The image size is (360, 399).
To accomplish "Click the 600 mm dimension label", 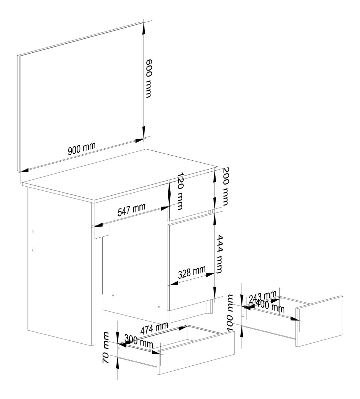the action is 149,78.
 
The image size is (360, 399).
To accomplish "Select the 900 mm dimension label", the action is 82,148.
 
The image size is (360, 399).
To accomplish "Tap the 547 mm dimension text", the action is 131,209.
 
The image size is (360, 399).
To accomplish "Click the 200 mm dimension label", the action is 226,187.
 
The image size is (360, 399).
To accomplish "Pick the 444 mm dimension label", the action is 219,254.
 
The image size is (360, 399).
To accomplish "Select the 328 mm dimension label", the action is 192,272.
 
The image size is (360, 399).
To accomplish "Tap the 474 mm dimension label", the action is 154,329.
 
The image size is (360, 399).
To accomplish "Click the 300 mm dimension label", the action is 138,341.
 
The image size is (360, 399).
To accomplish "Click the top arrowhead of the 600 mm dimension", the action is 144,27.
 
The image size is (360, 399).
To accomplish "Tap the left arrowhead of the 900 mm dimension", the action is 24,170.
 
